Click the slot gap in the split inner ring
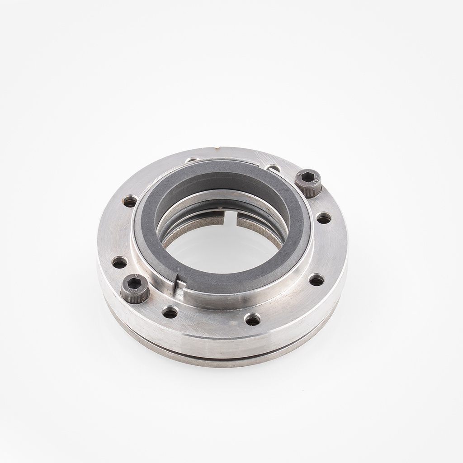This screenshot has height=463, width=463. point(231,218)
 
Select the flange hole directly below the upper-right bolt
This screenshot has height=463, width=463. point(324,219)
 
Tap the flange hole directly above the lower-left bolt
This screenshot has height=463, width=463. point(119,262)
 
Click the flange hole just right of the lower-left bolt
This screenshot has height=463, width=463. point(170,312)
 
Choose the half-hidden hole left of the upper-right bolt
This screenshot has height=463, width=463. point(274,169)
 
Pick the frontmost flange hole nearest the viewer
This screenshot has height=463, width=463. point(252,320)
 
